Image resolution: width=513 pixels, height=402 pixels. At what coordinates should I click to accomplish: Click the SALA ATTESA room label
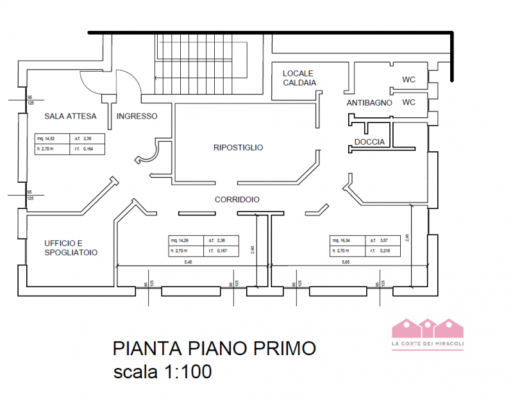70,116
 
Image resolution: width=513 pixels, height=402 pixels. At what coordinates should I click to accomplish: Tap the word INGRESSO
137,116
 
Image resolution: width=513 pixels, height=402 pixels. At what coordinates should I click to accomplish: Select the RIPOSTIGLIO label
238,147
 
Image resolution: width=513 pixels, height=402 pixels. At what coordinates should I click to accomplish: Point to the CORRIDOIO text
237,200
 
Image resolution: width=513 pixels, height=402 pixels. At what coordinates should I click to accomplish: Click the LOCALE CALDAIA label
299,78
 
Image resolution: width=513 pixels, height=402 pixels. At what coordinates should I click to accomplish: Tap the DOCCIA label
369,142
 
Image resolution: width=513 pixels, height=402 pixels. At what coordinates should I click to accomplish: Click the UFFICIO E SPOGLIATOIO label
71,248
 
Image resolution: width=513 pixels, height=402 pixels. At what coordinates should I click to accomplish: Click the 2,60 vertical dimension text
253,249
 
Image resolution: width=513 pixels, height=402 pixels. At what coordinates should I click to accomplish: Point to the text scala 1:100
162,372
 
